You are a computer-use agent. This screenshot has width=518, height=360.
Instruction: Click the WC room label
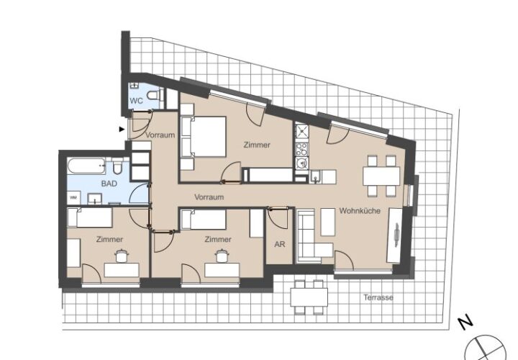[x=136, y=101]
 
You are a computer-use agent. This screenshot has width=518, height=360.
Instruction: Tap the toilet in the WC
[x=155, y=96]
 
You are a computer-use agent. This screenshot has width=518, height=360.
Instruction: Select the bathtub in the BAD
[x=86, y=166]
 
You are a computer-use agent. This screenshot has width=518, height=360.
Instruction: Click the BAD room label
[x=109, y=184]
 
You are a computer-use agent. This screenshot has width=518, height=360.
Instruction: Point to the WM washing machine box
[x=73, y=198]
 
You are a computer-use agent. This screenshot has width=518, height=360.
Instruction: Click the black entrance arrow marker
[x=122, y=130]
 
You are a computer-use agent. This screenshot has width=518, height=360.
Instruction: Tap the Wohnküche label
[x=360, y=210]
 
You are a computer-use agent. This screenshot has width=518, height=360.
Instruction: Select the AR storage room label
[x=279, y=244]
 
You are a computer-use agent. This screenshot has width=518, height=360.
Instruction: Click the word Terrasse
[x=378, y=297]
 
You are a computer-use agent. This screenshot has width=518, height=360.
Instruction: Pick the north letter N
[x=465, y=323]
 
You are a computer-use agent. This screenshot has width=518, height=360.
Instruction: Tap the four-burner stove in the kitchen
[x=301, y=149]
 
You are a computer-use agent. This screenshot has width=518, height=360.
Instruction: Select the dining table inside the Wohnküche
[x=381, y=176]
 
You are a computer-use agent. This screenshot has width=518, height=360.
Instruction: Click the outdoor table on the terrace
[x=309, y=297]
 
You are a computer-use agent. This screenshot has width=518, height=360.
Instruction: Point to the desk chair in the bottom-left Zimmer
[x=122, y=256]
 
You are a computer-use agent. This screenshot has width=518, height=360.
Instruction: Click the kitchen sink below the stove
[x=301, y=163]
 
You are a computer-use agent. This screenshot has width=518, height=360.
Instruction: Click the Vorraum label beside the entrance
[x=160, y=135]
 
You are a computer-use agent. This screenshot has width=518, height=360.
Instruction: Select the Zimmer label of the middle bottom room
[x=218, y=239]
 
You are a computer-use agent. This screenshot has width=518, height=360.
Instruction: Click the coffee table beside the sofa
[x=328, y=222]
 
